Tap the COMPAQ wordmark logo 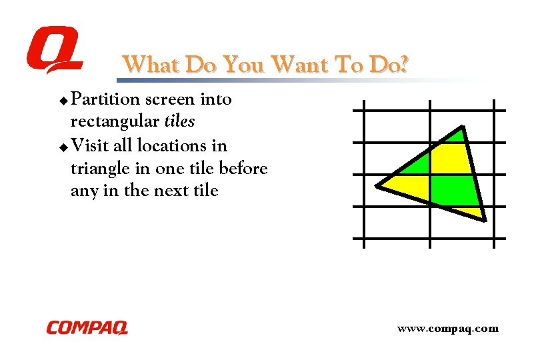87,327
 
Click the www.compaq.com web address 447,328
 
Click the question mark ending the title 403,65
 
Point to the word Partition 105,100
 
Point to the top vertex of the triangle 462,127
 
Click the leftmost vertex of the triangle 377,185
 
